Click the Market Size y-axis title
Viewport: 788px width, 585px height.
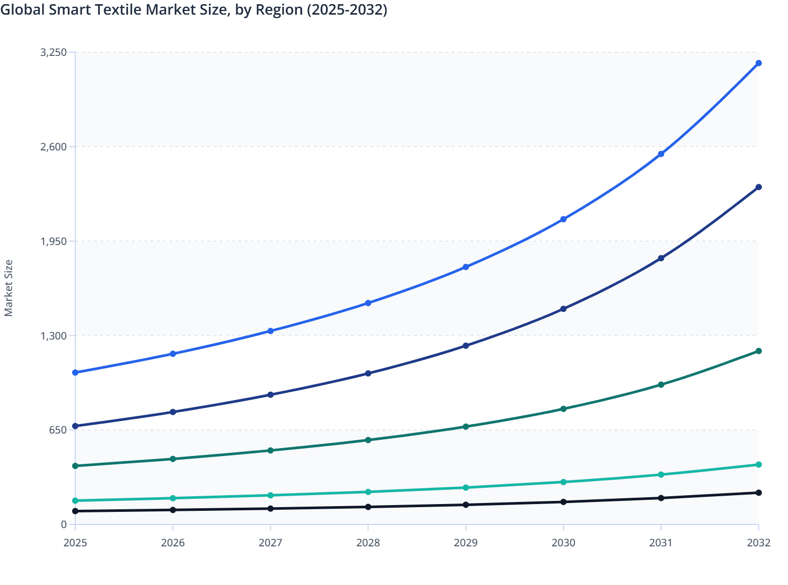[x=8, y=288]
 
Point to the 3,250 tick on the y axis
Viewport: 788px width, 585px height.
[x=54, y=52]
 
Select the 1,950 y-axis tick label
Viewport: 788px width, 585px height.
[x=54, y=241]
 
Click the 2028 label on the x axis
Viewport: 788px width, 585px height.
[x=368, y=543]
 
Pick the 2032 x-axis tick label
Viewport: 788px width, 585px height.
[x=758, y=543]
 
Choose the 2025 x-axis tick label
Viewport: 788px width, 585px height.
[x=75, y=543]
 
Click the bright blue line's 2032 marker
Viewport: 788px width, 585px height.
[x=759, y=63]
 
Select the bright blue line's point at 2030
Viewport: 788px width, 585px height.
[x=563, y=219]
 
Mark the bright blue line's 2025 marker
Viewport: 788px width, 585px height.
[x=75, y=372]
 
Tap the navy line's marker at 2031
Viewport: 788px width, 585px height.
[x=661, y=258]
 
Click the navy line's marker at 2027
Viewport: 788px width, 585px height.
[x=271, y=394]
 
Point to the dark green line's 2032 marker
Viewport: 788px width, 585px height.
[x=759, y=351]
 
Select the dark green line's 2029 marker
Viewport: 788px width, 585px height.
[x=466, y=427]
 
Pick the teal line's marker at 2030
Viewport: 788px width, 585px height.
[x=563, y=482]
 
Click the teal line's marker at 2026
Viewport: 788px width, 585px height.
[x=173, y=498]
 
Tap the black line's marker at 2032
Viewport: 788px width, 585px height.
[x=759, y=493]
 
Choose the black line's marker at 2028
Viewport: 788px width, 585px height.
[x=368, y=507]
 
